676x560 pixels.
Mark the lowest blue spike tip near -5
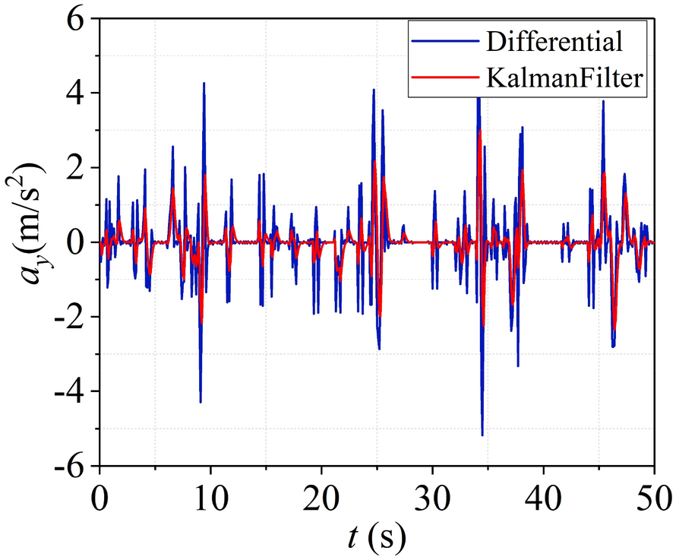pos(482,435)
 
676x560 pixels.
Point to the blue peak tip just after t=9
pos(204,83)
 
